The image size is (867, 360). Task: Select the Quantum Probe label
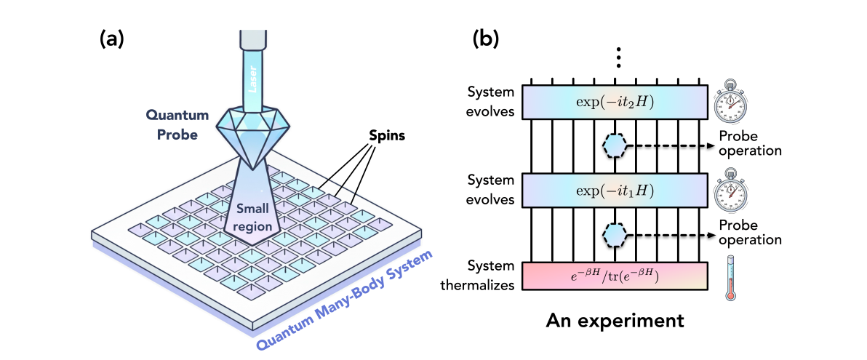pos(177,125)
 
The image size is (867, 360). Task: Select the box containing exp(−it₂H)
pos(615,101)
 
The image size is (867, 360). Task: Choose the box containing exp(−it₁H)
pos(615,191)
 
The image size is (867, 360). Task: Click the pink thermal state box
pos(615,277)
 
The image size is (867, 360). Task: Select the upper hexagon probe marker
pos(615,145)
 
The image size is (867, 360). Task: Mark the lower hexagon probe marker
pos(615,234)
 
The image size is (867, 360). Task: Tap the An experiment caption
pos(615,319)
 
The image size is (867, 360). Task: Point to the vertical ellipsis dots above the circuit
pos(617,56)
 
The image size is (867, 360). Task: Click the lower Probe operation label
pos(750,233)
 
